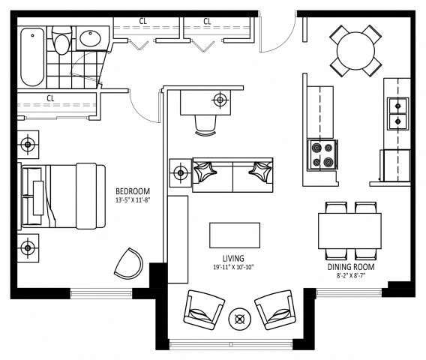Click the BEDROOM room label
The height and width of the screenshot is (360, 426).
[132, 190]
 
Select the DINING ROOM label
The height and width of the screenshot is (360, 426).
[350, 266]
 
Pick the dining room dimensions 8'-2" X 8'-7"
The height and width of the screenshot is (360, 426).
[350, 276]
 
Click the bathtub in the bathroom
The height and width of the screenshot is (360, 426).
[32, 57]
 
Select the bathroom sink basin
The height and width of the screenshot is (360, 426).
[91, 37]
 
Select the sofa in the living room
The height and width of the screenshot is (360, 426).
[232, 174]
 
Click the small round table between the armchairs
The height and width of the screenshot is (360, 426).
[240, 318]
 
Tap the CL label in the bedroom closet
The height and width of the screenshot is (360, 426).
[50, 97]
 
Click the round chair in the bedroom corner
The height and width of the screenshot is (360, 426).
[128, 262]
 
